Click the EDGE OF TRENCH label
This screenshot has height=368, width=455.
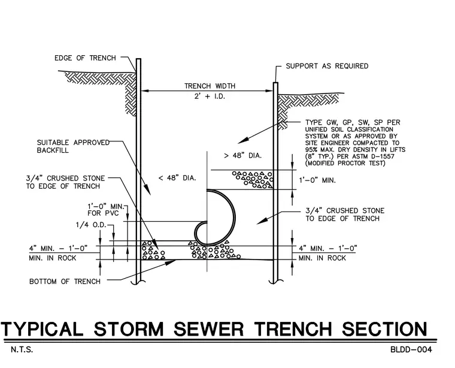(85, 58)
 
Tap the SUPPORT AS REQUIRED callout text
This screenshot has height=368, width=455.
(327, 66)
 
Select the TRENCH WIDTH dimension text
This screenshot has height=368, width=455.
(210, 86)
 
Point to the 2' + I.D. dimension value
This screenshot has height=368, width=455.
(210, 96)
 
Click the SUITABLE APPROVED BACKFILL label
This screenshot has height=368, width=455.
(73, 146)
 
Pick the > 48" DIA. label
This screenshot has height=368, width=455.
(243, 156)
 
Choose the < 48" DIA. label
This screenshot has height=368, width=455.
(177, 178)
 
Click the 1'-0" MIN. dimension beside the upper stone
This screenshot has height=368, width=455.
(317, 180)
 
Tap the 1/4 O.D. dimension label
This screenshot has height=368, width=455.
(91, 225)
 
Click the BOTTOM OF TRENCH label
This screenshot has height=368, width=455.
(65, 282)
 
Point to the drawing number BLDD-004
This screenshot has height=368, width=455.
(411, 349)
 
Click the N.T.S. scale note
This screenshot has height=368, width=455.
(22, 349)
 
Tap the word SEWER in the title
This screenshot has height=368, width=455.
(209, 329)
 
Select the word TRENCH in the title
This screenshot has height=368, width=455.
(293, 329)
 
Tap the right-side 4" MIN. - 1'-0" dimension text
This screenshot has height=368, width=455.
(328, 248)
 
